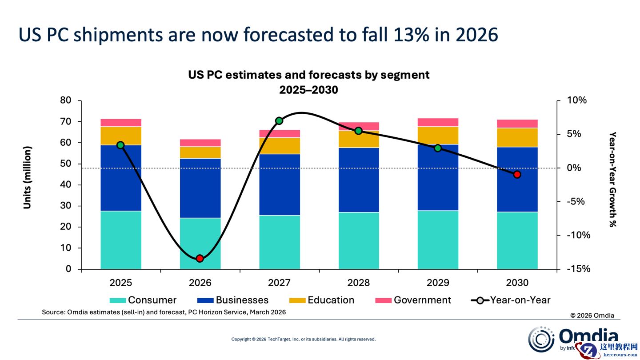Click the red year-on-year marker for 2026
(200, 258)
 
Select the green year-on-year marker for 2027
(279, 121)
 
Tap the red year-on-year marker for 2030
(517, 175)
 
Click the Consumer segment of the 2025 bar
(121, 240)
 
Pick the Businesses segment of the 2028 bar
(359, 180)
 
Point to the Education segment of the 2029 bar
(438, 136)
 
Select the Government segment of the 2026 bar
(200, 143)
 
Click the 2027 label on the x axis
(279, 283)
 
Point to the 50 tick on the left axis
(65, 164)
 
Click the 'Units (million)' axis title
(28, 177)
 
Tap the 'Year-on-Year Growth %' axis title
(612, 180)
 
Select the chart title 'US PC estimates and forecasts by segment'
(308, 75)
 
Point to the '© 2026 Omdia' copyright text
(592, 315)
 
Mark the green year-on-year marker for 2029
(438, 148)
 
